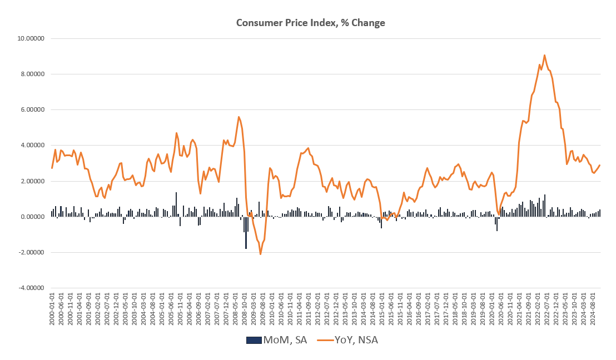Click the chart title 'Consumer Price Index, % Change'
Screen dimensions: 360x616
pos(310,23)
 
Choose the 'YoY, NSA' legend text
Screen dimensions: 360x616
pos(356,340)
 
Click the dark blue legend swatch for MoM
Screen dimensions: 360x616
pos(253,340)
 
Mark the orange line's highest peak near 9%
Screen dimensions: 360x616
pos(544,55)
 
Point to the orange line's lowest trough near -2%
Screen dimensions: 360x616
pos(260,254)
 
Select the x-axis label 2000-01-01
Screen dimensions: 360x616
pos(52,314)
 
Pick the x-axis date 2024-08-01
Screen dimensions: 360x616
pos(593,314)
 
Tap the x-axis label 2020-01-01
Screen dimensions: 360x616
pos(491,314)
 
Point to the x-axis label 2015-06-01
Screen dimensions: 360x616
pos(390,314)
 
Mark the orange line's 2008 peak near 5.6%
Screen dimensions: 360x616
pos(239,117)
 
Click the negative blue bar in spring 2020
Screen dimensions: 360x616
pos(497,223)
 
